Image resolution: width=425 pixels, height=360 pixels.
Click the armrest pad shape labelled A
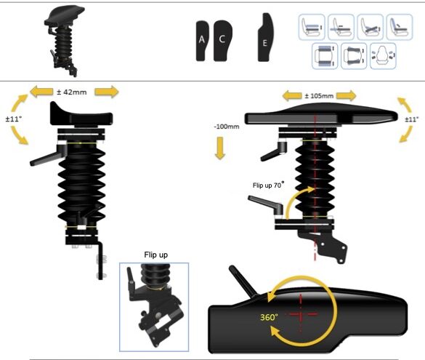tap(202, 41)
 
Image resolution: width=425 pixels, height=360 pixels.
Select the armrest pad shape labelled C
tap(222, 41)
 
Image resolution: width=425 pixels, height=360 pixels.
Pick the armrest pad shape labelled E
tap(265, 37)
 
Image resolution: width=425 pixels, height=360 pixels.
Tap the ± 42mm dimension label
tap(72, 92)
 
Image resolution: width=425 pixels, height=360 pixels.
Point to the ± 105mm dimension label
tap(319, 96)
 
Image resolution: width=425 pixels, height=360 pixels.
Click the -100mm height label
tap(227, 127)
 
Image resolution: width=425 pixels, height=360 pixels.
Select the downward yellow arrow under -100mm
tap(220, 148)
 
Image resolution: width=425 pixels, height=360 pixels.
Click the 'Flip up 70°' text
tap(269, 185)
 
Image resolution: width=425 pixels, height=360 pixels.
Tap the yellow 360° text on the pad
tap(269, 317)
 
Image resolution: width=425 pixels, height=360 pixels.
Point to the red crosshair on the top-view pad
tap(301, 313)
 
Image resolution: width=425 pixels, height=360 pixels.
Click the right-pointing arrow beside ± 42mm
tap(107, 92)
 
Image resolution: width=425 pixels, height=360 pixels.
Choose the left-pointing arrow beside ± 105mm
tap(292, 96)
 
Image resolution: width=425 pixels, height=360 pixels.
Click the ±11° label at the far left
tap(14, 119)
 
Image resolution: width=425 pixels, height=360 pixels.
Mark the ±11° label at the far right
tap(411, 119)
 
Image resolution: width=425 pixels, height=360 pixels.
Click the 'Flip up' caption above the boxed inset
tap(156, 255)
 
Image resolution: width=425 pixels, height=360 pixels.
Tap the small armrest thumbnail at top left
tap(65, 41)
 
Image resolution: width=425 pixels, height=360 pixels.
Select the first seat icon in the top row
tap(312, 27)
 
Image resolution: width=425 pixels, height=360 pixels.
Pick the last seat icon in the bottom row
tap(383, 56)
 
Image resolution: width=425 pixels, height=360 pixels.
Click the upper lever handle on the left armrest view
tap(48, 156)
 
